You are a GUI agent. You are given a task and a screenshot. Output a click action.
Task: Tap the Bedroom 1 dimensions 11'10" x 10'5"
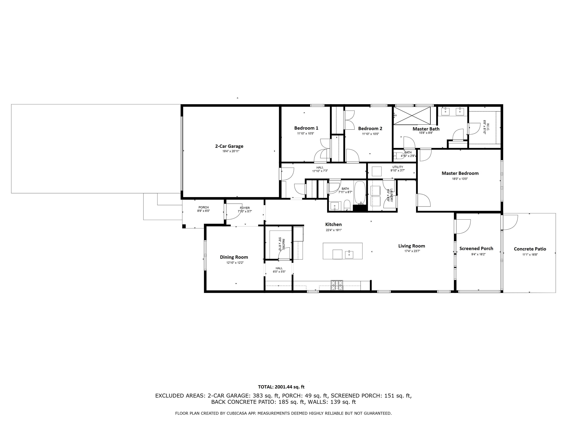coord(305,134)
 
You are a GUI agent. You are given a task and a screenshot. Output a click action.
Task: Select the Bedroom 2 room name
coord(370,129)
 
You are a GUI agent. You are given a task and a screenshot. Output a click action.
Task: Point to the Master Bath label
coord(426,129)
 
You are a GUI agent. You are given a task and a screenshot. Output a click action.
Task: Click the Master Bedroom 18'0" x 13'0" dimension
coord(460,179)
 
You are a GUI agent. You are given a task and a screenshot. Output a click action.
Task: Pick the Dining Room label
coord(234,257)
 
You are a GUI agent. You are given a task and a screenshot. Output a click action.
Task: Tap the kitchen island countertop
coord(342,251)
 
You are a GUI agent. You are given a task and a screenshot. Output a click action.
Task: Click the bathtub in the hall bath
coord(360,192)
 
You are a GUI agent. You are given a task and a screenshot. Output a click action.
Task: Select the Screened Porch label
coord(476,248)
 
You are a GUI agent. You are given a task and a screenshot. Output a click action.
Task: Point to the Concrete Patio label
coord(530,249)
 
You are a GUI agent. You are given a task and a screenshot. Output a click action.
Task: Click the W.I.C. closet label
coord(486,127)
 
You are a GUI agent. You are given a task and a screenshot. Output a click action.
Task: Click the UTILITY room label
coord(398,167)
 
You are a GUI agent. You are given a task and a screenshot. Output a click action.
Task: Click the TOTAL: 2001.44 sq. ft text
coord(281,387)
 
